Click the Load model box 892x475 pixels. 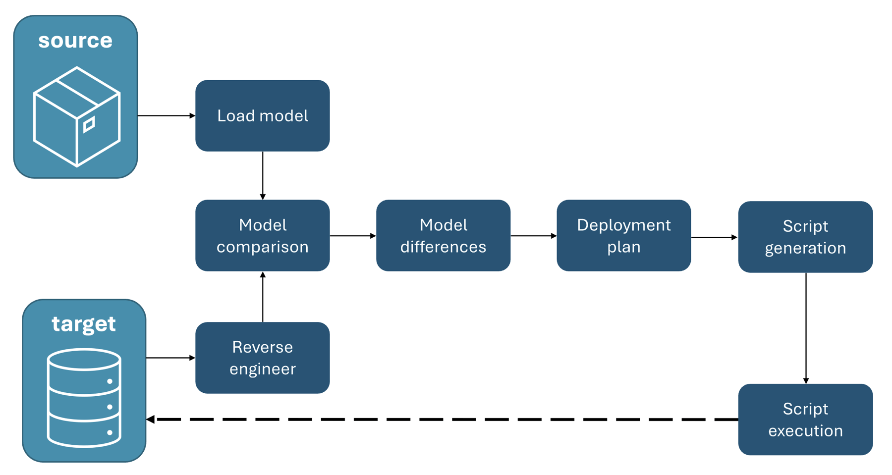click(x=262, y=115)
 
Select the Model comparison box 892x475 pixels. click(x=262, y=235)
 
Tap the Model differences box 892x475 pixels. click(x=443, y=235)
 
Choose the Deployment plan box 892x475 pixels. click(x=623, y=235)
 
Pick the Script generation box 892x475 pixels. click(x=805, y=237)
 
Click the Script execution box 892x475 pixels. click(x=805, y=419)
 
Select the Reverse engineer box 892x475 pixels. click(x=262, y=358)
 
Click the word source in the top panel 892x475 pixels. click(x=75, y=41)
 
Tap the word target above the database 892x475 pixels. click(x=84, y=324)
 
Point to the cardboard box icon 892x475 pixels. click(x=77, y=117)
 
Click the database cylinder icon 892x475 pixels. click(x=84, y=398)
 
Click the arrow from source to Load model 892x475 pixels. click(x=166, y=115)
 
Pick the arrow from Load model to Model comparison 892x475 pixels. click(x=263, y=175)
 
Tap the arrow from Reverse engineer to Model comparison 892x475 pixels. click(x=263, y=297)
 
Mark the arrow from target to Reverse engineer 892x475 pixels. click(x=170, y=358)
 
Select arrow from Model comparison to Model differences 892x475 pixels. click(x=352, y=236)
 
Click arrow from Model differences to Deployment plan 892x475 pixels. click(x=533, y=236)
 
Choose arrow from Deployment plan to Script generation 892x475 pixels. click(x=714, y=237)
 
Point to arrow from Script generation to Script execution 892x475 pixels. click(x=806, y=328)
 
